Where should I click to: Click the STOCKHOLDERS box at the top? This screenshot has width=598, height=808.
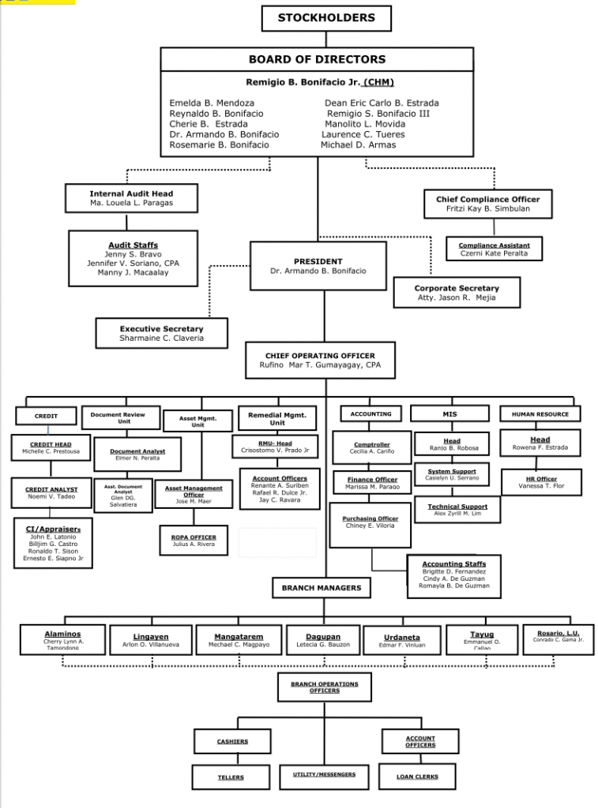pos(326,18)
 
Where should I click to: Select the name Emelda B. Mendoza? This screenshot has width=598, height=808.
pos(212,103)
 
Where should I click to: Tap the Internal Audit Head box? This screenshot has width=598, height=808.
pos(131,198)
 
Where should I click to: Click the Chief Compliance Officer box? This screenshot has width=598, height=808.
pos(487,204)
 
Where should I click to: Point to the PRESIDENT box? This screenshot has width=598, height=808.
pos(318,266)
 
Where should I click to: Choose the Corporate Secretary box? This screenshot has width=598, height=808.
pos(457,293)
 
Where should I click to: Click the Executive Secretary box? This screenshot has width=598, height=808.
pos(161,333)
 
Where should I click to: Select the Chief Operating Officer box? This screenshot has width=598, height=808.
pos(319,361)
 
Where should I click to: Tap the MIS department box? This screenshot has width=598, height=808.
pos(450,414)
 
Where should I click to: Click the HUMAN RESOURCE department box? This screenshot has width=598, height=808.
pos(540,414)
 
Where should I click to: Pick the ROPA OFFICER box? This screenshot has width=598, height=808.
pos(194,541)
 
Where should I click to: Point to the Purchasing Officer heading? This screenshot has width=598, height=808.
pos(370,519)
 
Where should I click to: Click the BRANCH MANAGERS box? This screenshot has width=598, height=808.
pos(322,588)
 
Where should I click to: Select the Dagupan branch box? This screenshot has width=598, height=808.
pos(324,640)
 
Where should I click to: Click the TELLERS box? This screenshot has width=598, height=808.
pos(231,777)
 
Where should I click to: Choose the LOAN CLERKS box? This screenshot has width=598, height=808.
pos(417,777)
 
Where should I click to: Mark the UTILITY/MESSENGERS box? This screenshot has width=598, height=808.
pos(324,775)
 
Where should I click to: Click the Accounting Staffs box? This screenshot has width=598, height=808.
pos(454,575)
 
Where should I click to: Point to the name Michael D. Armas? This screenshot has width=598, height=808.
pos(358,145)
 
